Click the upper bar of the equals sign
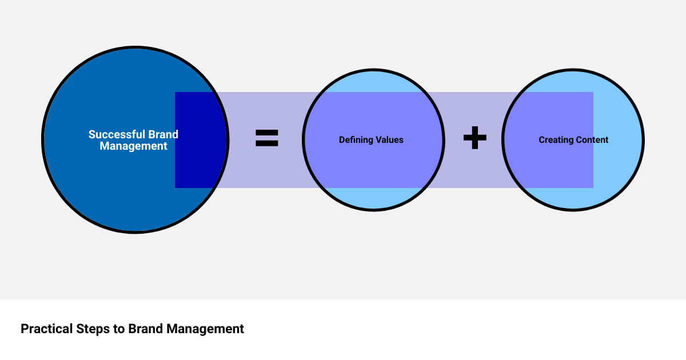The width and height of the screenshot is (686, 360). (266, 133)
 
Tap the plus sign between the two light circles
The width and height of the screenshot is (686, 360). (474, 138)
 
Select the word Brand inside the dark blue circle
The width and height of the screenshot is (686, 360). (163, 135)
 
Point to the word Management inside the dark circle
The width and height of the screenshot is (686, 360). (133, 146)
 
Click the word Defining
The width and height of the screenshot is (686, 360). (355, 140)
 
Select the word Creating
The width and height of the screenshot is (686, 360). (556, 140)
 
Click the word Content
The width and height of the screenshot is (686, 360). (592, 140)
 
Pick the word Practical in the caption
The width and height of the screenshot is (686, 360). (46, 329)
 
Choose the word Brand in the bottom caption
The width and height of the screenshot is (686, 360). (146, 329)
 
